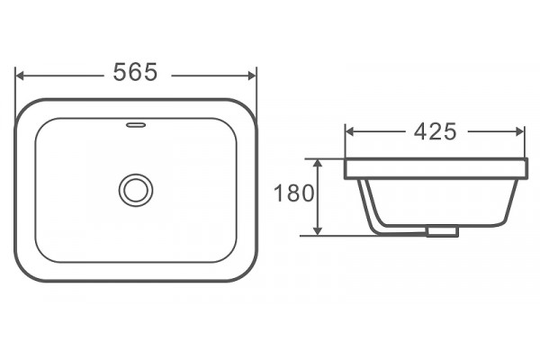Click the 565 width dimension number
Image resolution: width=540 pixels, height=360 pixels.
tap(135, 72)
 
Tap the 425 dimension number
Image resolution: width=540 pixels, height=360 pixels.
tap(436, 131)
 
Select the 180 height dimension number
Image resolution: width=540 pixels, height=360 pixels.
tap(293, 193)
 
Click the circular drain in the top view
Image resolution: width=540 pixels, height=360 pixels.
tap(136, 190)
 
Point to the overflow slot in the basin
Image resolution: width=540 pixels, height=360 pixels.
tap(136, 125)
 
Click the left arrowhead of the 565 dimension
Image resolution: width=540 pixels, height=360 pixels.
tap(20, 76)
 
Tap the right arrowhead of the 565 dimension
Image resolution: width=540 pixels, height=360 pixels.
tap(252, 76)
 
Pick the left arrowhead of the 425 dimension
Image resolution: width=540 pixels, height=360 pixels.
tap(350, 131)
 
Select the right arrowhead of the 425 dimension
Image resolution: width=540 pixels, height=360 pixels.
tap(519, 131)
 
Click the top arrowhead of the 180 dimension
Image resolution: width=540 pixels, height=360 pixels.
tap(318, 163)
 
